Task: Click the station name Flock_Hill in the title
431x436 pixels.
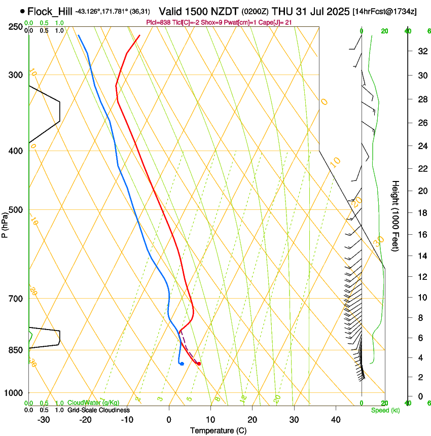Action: pos(50,11)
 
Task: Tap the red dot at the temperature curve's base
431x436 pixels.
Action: pos(199,364)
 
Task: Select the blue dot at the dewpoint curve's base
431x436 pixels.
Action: pos(182,364)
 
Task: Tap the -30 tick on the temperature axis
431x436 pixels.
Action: pos(44,420)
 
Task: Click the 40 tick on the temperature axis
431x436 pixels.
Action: pos(336,420)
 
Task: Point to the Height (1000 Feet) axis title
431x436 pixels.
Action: pos(396,215)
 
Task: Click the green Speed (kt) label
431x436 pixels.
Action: pos(385,410)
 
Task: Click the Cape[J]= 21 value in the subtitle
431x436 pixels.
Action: pos(274,22)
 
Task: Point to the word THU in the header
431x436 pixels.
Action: pos(281,11)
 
